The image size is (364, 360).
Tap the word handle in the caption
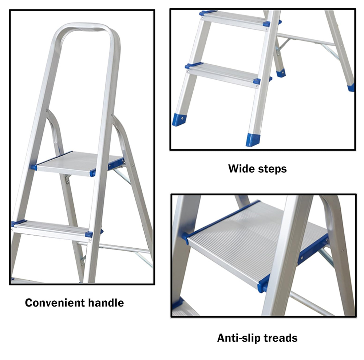(106, 303)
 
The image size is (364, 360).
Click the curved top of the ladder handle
(84, 26)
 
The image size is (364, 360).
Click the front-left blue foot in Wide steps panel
(179, 120)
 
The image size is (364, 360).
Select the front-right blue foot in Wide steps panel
(253, 140)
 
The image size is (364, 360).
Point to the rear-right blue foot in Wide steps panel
(351, 88)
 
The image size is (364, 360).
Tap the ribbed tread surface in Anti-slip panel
(258, 241)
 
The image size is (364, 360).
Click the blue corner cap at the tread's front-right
(264, 283)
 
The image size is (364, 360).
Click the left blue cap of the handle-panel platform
(33, 167)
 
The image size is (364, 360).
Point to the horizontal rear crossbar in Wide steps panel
(306, 39)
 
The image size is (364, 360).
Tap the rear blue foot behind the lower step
(281, 73)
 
